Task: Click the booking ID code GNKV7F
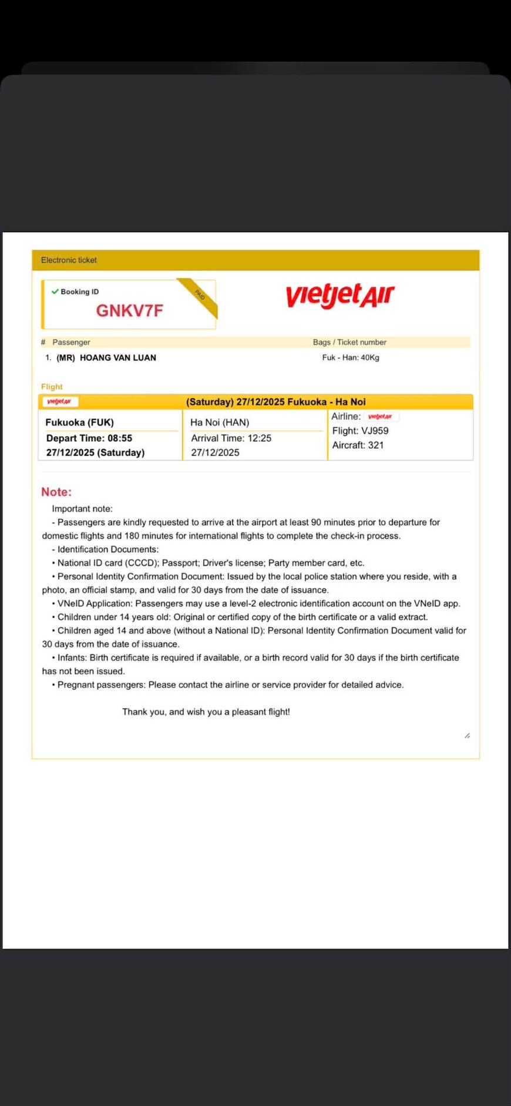pos(129,310)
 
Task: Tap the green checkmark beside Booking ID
pos(55,291)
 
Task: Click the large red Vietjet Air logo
pos(340,295)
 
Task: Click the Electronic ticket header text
pos(69,260)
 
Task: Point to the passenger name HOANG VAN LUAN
pos(117,357)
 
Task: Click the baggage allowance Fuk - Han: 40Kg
pos(351,357)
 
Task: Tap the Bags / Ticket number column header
pos(349,342)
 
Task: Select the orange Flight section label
pos(52,387)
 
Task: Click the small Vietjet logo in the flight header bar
pos(59,402)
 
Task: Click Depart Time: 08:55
pos(89,438)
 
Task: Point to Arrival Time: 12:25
pos(231,438)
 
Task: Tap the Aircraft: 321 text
pos(358,445)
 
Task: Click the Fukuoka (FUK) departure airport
pos(79,423)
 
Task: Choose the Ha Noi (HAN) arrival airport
pos(220,423)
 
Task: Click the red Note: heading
pos(56,492)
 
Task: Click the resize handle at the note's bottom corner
pos(467,735)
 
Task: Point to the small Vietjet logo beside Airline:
pos(380,417)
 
